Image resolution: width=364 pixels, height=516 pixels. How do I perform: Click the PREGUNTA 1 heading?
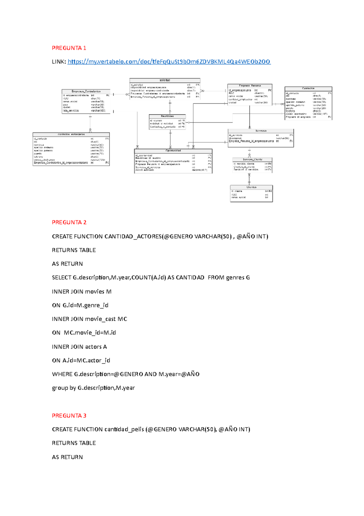pos(69,48)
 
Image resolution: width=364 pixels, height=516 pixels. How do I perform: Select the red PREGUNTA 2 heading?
pos(69,222)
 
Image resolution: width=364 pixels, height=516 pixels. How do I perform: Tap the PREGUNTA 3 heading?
pos(69,416)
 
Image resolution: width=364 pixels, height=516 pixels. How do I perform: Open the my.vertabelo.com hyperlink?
pos(169,62)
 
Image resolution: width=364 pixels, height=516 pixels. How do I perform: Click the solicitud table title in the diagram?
pos(165,80)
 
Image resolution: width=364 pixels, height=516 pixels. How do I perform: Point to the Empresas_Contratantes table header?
pos(86,91)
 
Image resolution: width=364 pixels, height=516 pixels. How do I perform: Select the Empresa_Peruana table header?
pos(250,86)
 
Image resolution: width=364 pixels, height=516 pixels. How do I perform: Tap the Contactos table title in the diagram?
pos(308,88)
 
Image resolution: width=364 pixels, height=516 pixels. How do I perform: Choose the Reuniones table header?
pos(167,116)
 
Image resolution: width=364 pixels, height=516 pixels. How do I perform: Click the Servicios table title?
pos(261,131)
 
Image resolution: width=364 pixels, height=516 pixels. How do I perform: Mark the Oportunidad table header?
pos(173,151)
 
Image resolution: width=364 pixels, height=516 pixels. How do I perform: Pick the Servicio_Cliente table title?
pos(252,160)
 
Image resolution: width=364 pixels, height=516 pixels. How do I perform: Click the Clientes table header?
pos(251,187)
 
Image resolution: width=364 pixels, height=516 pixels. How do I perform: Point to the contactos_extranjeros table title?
pos(71,134)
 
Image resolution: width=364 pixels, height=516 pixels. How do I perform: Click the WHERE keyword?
pos(62,374)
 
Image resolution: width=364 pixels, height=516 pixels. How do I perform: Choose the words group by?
pos(64,388)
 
